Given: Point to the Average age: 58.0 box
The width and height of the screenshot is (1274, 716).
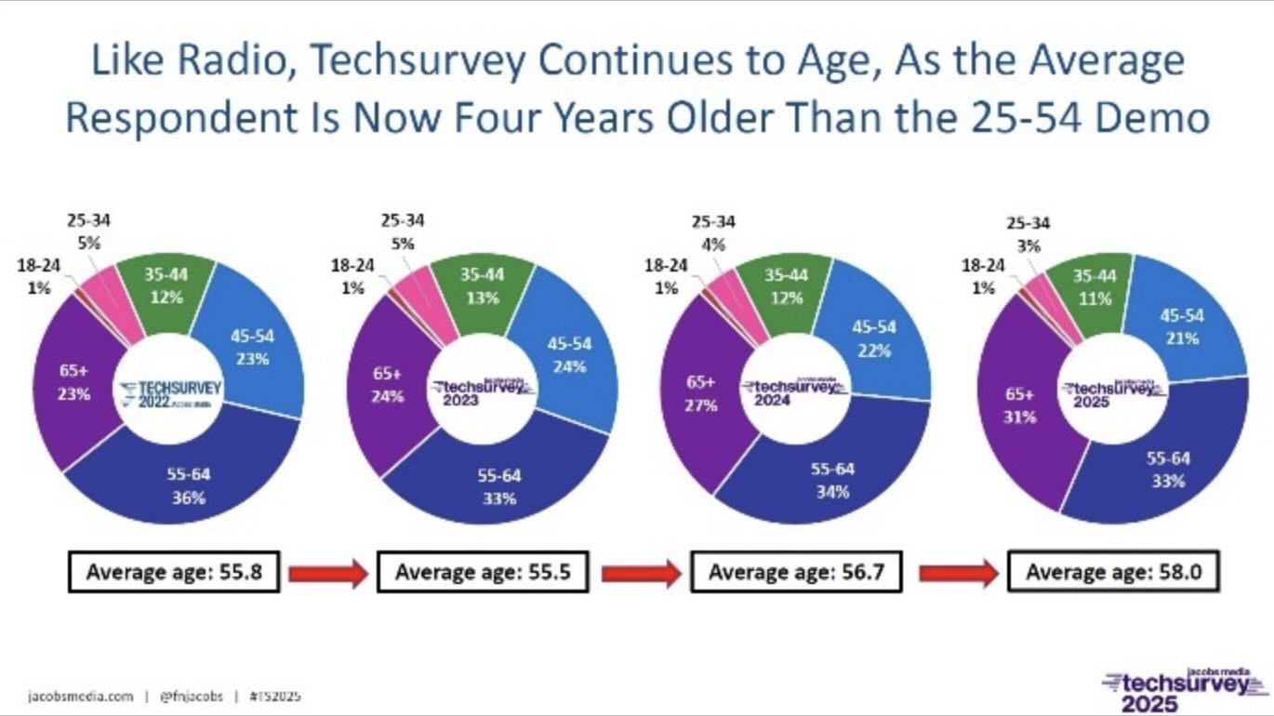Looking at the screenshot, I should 1113,573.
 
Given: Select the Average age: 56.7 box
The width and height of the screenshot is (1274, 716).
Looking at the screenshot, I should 795,573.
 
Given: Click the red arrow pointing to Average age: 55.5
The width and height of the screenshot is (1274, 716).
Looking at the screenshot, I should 327,574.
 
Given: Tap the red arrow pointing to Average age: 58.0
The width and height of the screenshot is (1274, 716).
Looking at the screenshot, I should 958,574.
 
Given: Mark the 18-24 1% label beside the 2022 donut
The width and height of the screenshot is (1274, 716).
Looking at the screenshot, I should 39,277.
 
